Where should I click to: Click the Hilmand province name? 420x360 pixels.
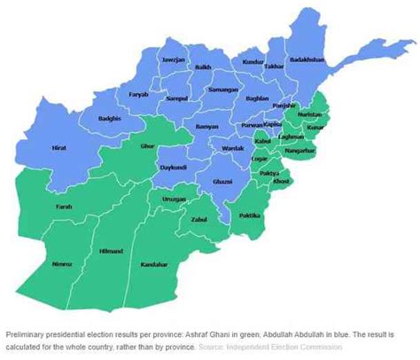[x=111, y=252]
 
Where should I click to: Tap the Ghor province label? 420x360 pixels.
[x=146, y=145]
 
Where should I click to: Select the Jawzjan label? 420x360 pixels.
[x=172, y=60]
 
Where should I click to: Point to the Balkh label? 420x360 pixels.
[x=202, y=67]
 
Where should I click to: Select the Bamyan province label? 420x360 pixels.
[x=206, y=127]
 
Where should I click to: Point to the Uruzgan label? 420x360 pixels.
[x=175, y=200]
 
